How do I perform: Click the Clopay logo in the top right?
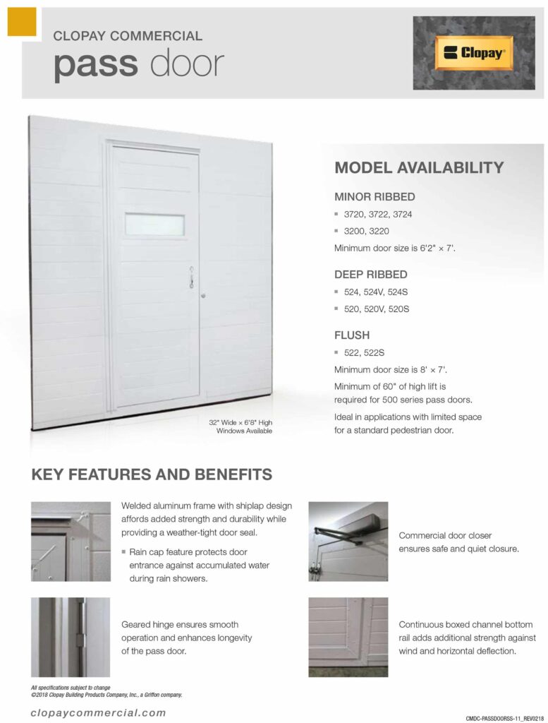[x=473, y=53]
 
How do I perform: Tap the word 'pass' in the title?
[x=95, y=64]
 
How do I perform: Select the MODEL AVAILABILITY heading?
[x=419, y=167]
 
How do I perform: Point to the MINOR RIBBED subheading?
[x=375, y=196]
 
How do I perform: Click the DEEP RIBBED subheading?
[x=370, y=274]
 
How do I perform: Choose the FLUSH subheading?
[x=352, y=335]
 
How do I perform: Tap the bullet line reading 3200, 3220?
[x=366, y=231]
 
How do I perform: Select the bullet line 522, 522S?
[x=363, y=352]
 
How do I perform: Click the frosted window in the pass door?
[x=154, y=225]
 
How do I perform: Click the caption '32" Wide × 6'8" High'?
[x=240, y=422]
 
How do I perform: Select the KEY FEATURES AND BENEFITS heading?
[x=152, y=474]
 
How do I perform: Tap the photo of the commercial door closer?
[x=348, y=541]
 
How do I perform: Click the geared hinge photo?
[x=71, y=637]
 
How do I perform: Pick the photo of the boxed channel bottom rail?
[x=348, y=637]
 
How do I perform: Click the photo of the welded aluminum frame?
[x=71, y=541]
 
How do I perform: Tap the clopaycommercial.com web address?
[x=99, y=712]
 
